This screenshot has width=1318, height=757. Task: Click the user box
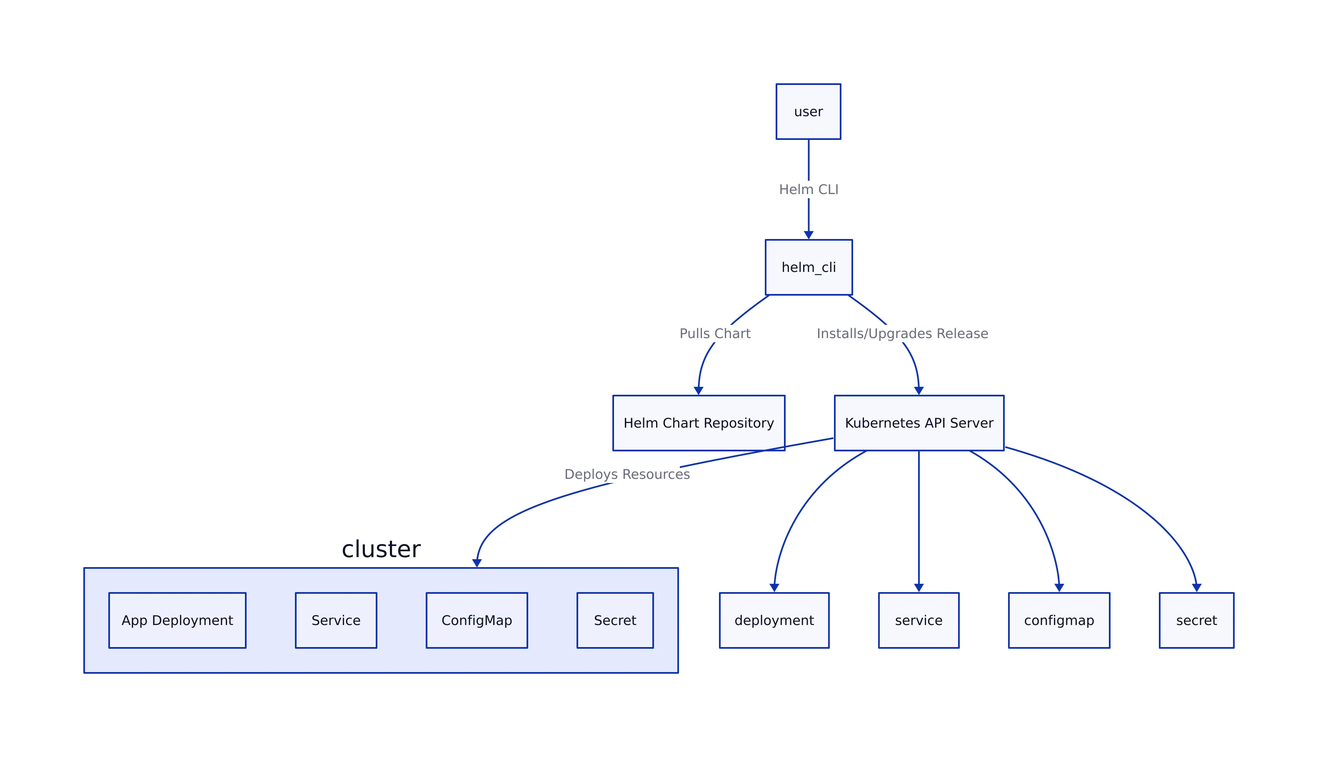(x=808, y=112)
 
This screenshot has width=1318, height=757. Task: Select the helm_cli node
(x=808, y=267)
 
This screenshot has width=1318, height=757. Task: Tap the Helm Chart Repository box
(x=699, y=423)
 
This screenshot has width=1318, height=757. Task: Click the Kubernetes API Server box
(x=919, y=423)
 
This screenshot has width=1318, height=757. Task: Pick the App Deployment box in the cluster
(x=177, y=620)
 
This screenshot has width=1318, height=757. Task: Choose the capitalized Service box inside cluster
(x=336, y=620)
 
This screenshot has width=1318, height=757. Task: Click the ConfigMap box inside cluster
(x=477, y=620)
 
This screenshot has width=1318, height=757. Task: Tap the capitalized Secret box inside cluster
(x=615, y=620)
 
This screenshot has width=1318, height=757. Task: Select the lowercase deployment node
(x=774, y=620)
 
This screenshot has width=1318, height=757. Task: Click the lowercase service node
(x=919, y=620)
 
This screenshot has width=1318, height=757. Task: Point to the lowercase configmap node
(x=1059, y=620)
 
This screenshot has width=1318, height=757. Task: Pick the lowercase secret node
(x=1196, y=620)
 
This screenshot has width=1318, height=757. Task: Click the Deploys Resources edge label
(x=627, y=474)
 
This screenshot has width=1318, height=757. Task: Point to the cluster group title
(x=381, y=549)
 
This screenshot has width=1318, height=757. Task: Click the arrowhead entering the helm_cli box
(x=808, y=235)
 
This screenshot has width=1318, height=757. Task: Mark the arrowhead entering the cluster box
(x=477, y=563)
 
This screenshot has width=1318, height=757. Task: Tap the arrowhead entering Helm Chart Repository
(x=699, y=391)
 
